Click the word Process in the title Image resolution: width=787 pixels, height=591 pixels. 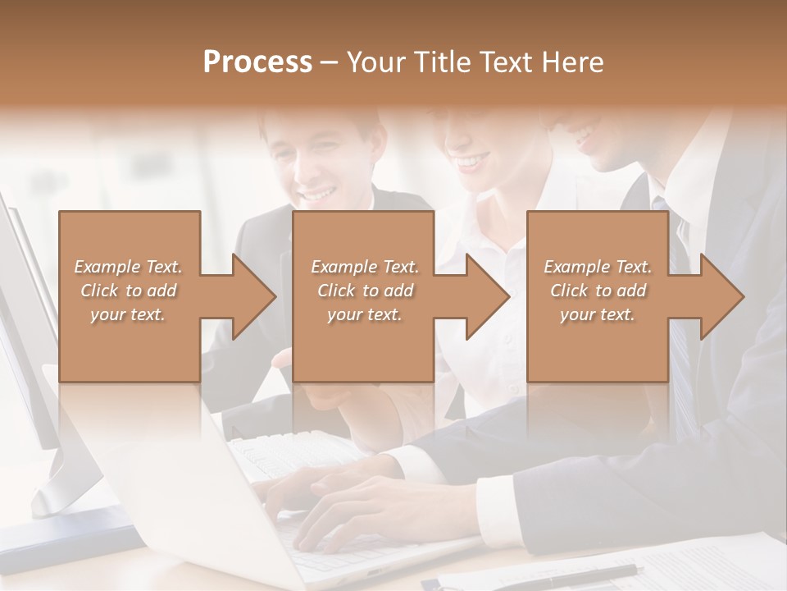[257, 62]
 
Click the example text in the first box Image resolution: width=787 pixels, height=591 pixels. [128, 291]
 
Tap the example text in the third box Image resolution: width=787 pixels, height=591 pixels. [598, 291]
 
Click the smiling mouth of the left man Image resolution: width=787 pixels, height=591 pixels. [319, 195]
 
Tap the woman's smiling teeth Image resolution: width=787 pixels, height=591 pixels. [471, 162]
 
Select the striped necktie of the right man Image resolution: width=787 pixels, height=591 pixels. [680, 361]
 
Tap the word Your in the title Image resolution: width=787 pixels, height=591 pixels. [377, 62]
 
